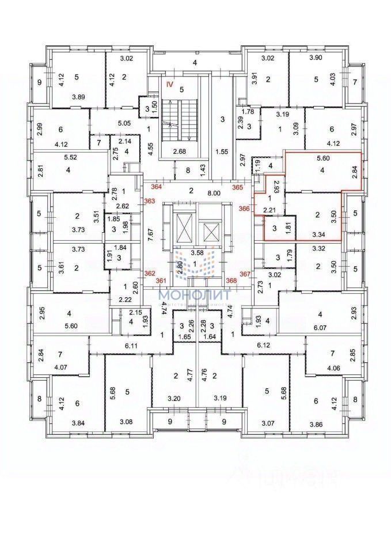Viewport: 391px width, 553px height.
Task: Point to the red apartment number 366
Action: [244, 210]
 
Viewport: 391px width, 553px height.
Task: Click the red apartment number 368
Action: [231, 281]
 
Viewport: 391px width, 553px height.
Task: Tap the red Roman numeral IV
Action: [169, 84]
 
